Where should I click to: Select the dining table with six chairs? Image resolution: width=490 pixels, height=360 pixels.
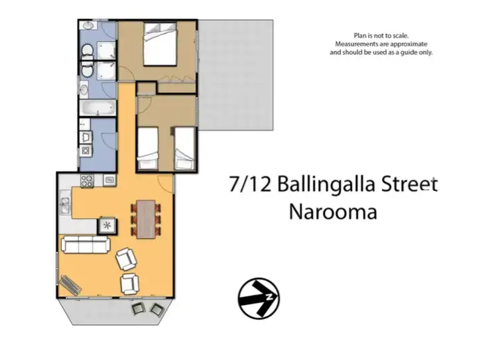coord(145,217)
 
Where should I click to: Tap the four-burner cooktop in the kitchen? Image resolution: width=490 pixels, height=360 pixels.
coord(88,180)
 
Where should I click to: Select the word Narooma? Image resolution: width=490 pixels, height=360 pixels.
coord(333,212)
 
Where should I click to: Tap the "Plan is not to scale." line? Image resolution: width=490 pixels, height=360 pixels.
coord(381,36)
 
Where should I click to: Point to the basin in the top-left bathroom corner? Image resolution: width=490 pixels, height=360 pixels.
coord(88,27)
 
